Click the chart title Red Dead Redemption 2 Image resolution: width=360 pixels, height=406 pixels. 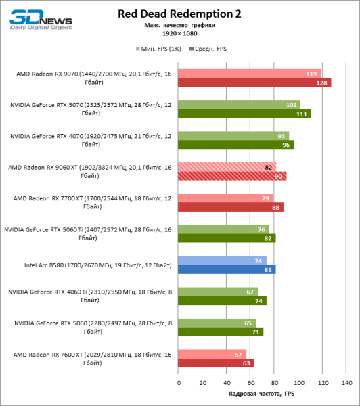(179, 13)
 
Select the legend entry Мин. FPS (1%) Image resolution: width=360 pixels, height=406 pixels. (157, 49)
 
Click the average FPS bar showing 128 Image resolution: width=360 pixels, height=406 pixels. (254, 83)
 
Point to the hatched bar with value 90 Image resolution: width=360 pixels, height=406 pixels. (232, 176)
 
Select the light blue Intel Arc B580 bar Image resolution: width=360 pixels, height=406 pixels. (223, 261)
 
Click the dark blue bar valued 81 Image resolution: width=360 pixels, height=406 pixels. (227, 269)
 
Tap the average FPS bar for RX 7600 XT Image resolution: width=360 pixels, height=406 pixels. (216, 363)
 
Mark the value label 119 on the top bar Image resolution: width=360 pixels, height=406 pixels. (311, 74)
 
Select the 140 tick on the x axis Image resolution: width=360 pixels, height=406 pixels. (346, 383)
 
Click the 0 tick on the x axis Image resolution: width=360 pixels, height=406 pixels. (179, 383)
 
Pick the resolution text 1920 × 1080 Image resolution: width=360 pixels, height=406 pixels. (179, 33)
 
